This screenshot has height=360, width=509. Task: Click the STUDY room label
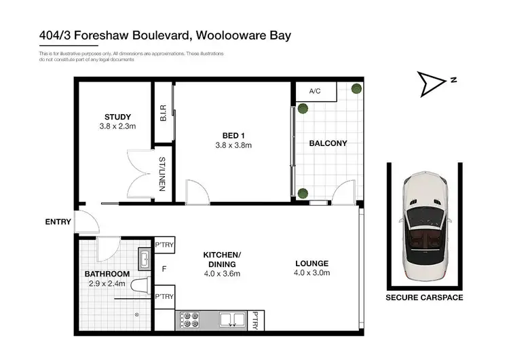[x=117, y=117]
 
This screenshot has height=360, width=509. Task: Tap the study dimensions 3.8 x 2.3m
[x=117, y=126]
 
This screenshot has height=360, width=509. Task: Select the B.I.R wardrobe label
[x=163, y=113]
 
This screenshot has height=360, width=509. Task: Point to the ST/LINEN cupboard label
[x=163, y=173]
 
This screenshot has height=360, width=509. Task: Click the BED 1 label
[x=233, y=135]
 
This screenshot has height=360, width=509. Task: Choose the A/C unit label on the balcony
[x=315, y=91]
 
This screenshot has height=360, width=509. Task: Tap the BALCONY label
[x=328, y=143]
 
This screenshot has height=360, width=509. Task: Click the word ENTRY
[x=58, y=221]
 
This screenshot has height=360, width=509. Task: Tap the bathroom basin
[x=145, y=258]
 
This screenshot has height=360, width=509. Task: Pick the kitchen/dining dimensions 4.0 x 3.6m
[x=222, y=274]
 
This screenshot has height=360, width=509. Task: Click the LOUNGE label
[x=312, y=264]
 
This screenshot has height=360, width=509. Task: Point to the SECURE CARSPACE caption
[x=424, y=298]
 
